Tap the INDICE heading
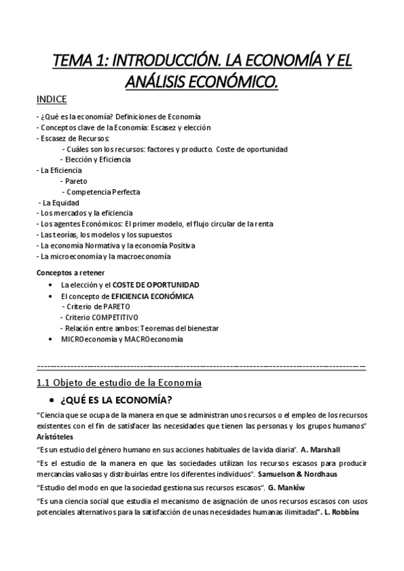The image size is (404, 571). pyautogui.click(x=51, y=100)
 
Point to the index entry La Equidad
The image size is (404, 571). pyautogui.click(x=61, y=203)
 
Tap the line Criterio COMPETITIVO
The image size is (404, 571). pyautogui.click(x=102, y=317)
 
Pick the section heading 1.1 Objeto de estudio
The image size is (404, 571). pyautogui.click(x=118, y=383)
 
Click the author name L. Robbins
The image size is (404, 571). pyautogui.click(x=342, y=511)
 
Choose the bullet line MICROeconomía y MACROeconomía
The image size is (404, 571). pyautogui.click(x=121, y=339)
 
